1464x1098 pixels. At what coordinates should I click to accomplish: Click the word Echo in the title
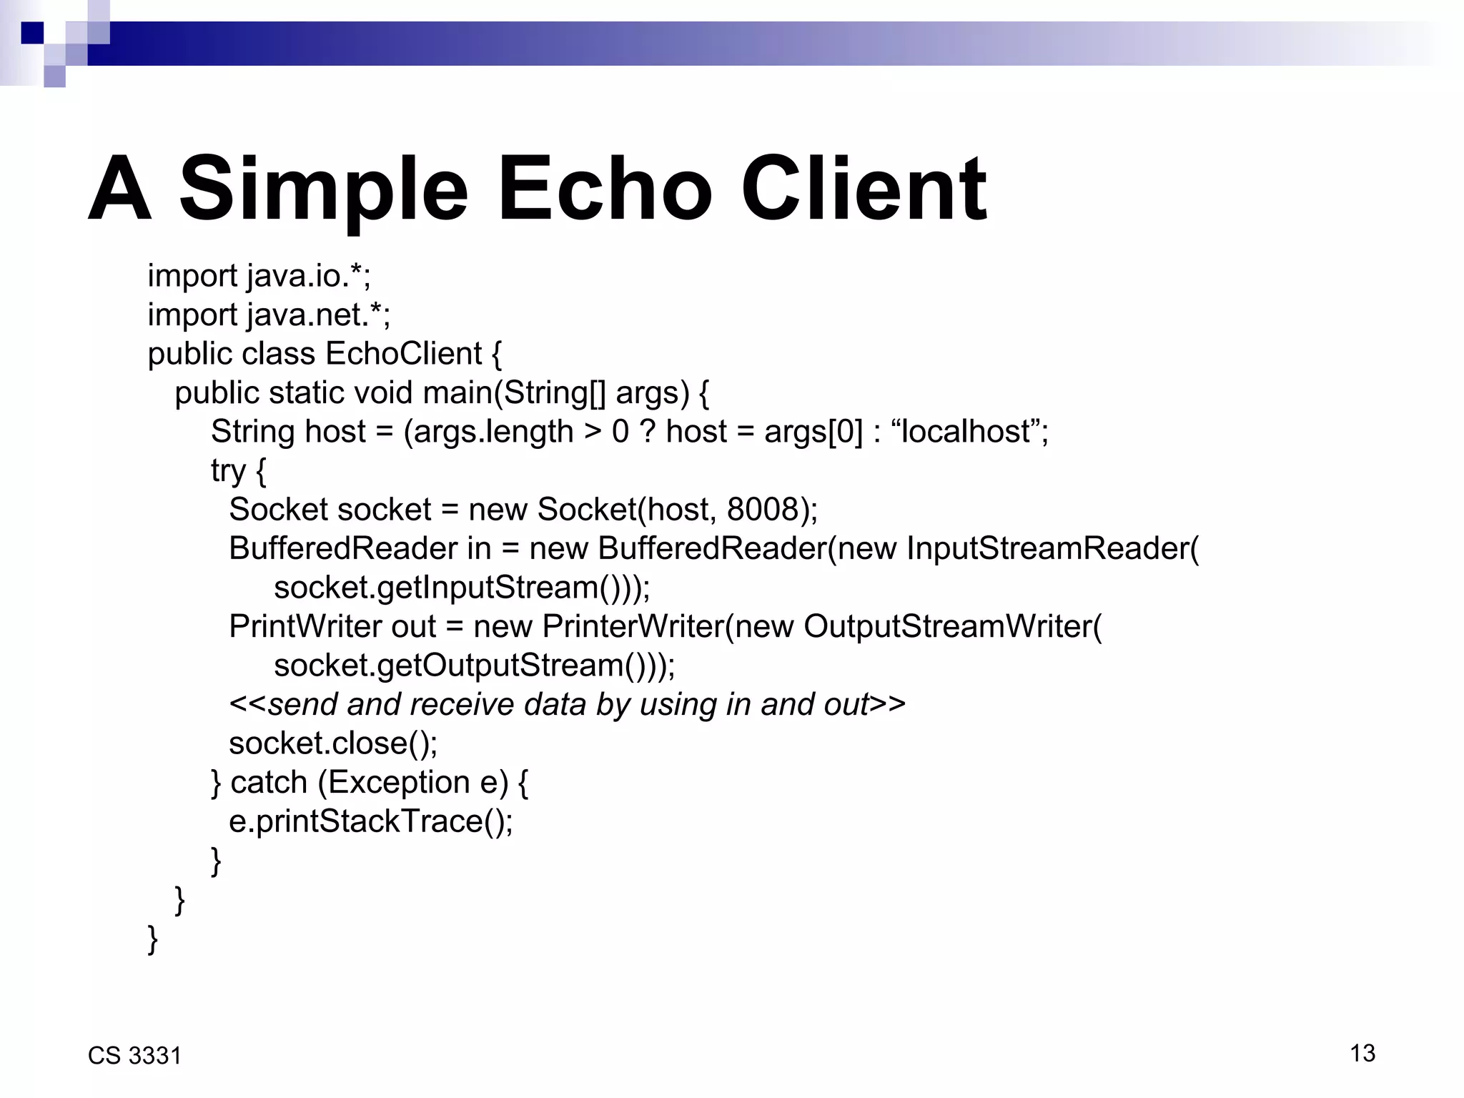(604, 189)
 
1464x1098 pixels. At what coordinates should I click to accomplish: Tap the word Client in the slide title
(864, 189)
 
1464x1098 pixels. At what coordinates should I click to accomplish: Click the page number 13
(1362, 1053)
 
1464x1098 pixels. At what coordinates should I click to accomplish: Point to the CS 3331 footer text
(134, 1056)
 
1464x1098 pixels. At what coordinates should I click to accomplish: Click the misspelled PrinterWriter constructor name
(633, 627)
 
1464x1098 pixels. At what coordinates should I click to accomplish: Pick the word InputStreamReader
(1048, 549)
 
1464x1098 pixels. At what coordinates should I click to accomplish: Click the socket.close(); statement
(333, 743)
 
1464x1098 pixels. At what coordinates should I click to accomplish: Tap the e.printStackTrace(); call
(370, 821)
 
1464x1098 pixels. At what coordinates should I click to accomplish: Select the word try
(228, 471)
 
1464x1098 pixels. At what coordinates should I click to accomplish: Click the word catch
(269, 783)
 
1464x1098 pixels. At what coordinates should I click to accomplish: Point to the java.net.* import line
(269, 315)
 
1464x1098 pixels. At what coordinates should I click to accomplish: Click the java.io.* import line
(259, 276)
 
